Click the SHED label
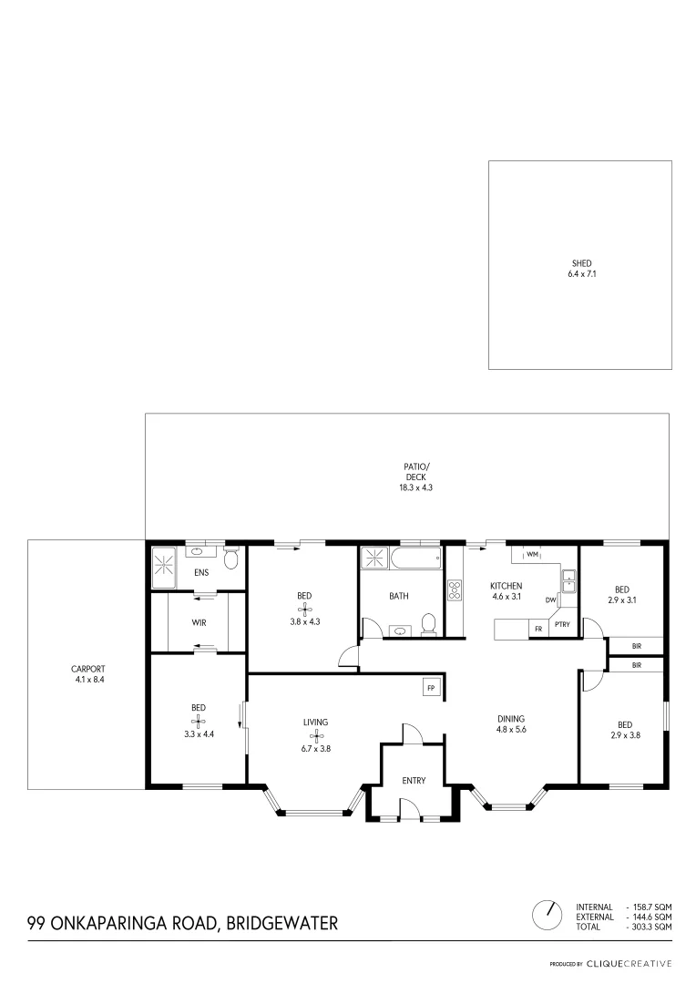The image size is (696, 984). click(x=581, y=263)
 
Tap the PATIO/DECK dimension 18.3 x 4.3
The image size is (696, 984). click(x=416, y=487)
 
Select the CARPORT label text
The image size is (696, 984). click(x=87, y=668)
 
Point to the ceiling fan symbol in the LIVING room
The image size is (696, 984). click(x=315, y=735)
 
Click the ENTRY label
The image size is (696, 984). click(x=414, y=780)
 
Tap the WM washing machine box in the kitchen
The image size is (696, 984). click(x=530, y=554)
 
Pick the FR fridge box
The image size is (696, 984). click(x=538, y=628)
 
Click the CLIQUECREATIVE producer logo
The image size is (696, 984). click(x=629, y=963)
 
